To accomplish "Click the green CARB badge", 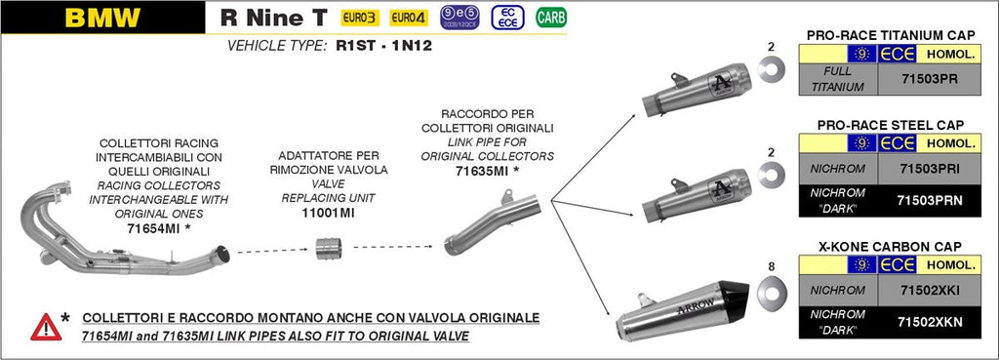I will click(x=551, y=18).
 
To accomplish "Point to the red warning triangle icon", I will click(x=45, y=326).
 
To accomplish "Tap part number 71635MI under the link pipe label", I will click(x=483, y=170).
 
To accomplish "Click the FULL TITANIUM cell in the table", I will click(x=837, y=79).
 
